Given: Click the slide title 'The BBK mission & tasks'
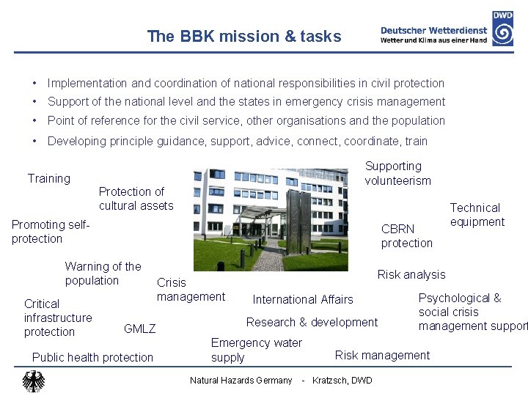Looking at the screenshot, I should click(x=243, y=36).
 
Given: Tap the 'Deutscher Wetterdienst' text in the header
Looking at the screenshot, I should click(x=433, y=30).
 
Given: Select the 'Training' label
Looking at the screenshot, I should click(x=49, y=178).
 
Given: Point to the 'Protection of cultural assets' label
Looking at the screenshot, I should click(x=136, y=199).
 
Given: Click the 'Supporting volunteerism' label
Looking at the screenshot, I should click(x=397, y=173).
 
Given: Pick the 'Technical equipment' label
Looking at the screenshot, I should click(x=477, y=215).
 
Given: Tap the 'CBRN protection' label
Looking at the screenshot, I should click(x=406, y=235).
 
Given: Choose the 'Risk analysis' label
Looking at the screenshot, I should click(x=411, y=274).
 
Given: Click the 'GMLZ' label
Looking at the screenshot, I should click(x=139, y=329).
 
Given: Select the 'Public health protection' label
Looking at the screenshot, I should click(x=93, y=357).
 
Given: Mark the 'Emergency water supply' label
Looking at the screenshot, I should click(x=256, y=350).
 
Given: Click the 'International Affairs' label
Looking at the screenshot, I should click(x=302, y=299).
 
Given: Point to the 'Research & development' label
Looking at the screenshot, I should click(x=312, y=322).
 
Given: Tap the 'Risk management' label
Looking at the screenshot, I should click(x=382, y=355).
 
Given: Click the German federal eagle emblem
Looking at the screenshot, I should click(x=33, y=381).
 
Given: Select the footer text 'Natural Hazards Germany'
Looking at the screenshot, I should click(x=241, y=380).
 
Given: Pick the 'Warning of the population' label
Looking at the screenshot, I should click(x=103, y=273).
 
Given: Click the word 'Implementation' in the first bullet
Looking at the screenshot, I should click(x=87, y=84).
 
